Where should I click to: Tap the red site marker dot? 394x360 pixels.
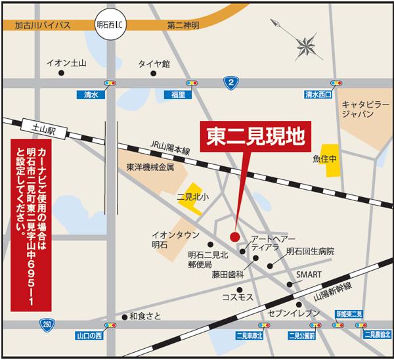click(x=234, y=236)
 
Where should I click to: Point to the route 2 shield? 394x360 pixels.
click(x=229, y=81)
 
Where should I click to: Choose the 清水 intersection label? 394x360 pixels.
click(x=91, y=95)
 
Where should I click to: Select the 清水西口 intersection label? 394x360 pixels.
click(x=318, y=95)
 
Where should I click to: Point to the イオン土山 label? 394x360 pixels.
click(x=66, y=64)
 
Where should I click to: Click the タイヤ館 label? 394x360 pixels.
click(x=154, y=64)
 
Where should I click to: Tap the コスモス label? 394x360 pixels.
click(x=236, y=298)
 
